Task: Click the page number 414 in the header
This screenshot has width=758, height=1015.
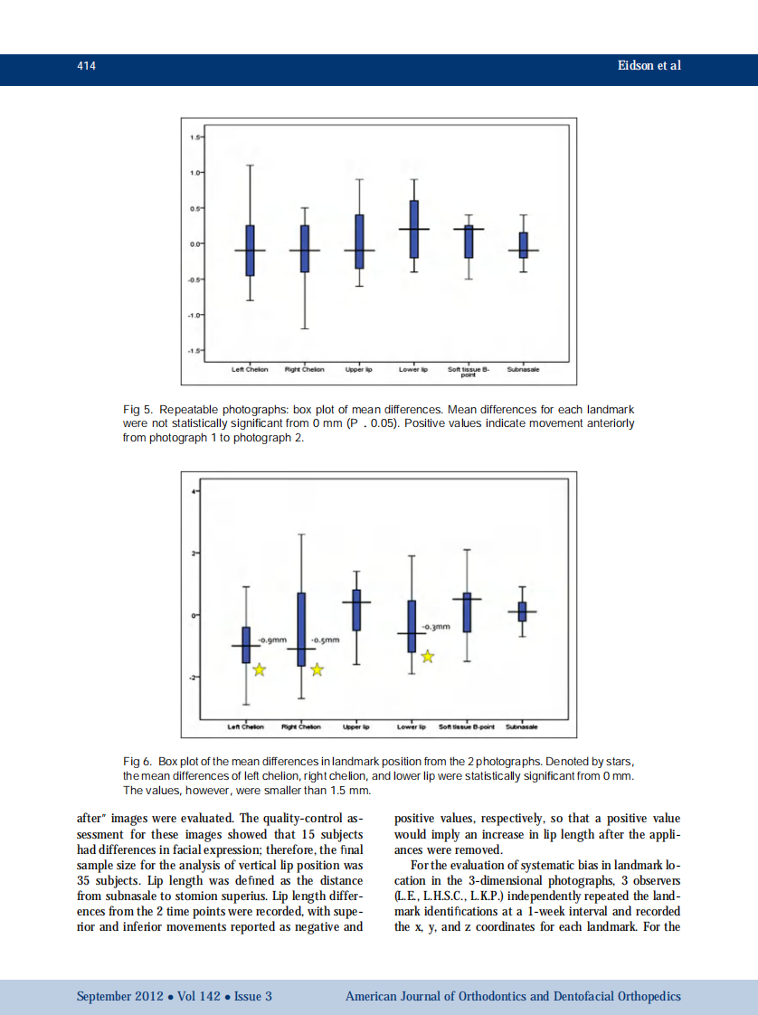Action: (86, 66)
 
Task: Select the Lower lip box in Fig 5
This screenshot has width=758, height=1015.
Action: (413, 229)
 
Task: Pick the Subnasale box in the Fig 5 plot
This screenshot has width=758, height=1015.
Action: (523, 245)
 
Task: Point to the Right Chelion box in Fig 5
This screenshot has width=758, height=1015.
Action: (305, 249)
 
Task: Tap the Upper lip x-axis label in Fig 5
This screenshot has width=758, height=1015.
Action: (359, 369)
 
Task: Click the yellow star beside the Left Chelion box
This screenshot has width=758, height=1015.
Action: (260, 669)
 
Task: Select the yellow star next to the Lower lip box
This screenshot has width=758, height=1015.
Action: (428, 657)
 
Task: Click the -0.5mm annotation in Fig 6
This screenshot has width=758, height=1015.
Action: (325, 640)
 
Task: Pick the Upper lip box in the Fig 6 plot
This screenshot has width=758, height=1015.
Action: (356, 610)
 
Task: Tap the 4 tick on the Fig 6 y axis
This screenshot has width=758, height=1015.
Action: (192, 491)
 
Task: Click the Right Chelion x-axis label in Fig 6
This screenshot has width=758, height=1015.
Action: (301, 726)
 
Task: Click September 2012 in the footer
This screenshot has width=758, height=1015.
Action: (119, 997)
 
